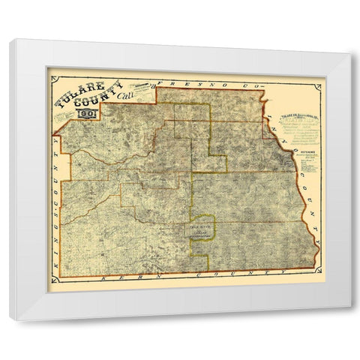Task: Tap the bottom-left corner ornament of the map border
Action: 49,289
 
